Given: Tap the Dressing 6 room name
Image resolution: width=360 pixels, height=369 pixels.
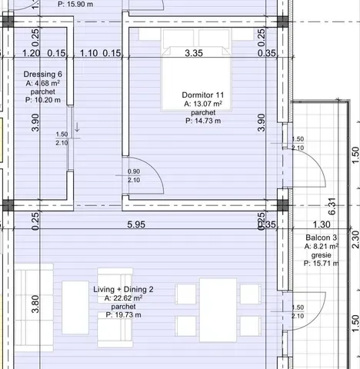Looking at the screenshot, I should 32,75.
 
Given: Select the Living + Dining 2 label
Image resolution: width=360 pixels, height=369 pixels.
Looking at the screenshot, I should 123,289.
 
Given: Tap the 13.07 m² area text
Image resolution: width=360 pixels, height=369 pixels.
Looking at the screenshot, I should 203,103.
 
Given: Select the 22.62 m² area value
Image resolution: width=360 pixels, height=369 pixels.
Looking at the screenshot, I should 123,298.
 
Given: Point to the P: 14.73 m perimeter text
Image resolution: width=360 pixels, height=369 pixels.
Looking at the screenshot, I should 203,120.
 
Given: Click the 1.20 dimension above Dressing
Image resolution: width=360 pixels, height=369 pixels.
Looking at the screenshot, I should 31,53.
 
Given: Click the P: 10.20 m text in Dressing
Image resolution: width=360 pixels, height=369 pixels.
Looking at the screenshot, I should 32,99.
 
